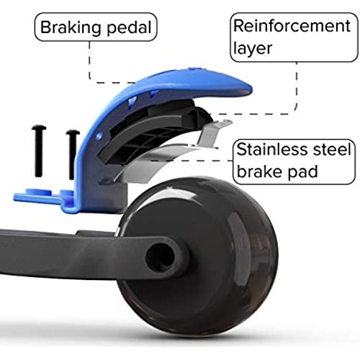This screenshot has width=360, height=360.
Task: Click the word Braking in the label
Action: (x=71, y=28)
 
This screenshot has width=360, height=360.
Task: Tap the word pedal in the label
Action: (x=129, y=28)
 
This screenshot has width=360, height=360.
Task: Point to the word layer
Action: (x=253, y=48)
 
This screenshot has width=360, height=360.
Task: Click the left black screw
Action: (x=39, y=151)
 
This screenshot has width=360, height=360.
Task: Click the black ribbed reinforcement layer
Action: (x=149, y=135)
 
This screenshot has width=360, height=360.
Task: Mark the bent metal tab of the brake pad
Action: (x=214, y=133)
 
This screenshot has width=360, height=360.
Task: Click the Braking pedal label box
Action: (x=96, y=27)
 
